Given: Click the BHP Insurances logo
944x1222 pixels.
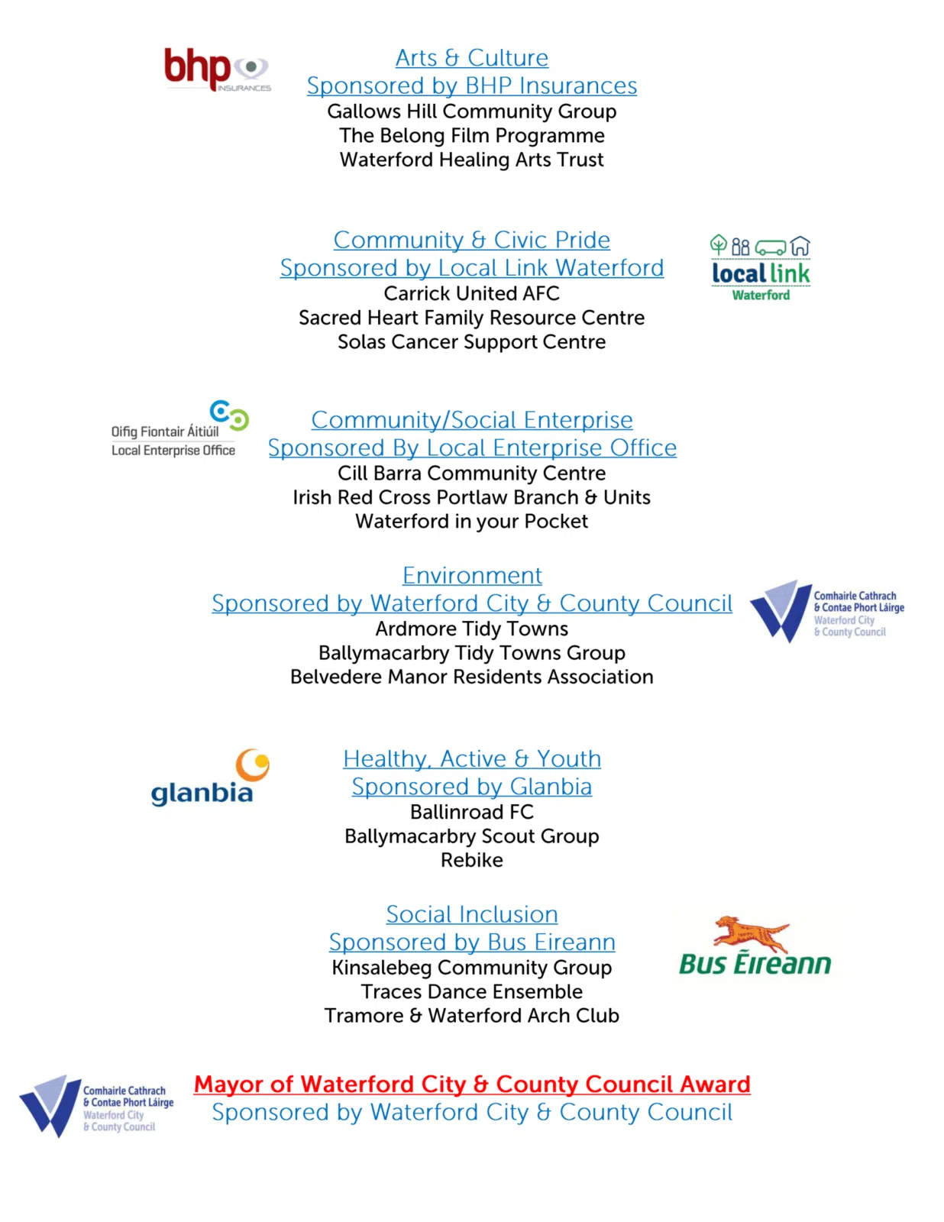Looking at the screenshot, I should [x=216, y=70].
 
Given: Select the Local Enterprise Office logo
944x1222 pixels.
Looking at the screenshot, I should [x=179, y=430].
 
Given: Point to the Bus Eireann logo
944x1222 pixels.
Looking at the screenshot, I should [x=755, y=948].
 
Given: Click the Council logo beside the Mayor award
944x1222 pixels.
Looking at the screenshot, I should [x=96, y=1106].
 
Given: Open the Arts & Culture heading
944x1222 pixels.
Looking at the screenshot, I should [x=471, y=58].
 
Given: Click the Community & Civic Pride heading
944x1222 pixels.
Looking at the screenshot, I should [x=471, y=240].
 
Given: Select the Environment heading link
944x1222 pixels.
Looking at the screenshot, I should [x=472, y=575].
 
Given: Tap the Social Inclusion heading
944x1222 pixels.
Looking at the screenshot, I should [x=471, y=914].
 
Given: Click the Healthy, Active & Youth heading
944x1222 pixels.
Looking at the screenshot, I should [x=471, y=758].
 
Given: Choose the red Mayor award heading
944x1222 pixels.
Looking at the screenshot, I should [x=471, y=1084].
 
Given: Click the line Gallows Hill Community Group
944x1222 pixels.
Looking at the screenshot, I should [x=471, y=112].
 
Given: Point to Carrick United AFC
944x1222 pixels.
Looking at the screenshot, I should [x=471, y=293].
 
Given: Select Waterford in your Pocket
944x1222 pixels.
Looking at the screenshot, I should [x=471, y=522].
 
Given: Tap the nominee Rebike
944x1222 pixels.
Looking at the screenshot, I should [x=471, y=860].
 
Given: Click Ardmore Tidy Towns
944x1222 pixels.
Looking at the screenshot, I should [x=471, y=629].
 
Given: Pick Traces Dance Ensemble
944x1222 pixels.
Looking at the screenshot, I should [x=471, y=991].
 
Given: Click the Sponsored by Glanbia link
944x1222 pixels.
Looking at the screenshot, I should [x=471, y=787].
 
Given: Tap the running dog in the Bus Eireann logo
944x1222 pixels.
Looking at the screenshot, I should [x=750, y=933].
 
